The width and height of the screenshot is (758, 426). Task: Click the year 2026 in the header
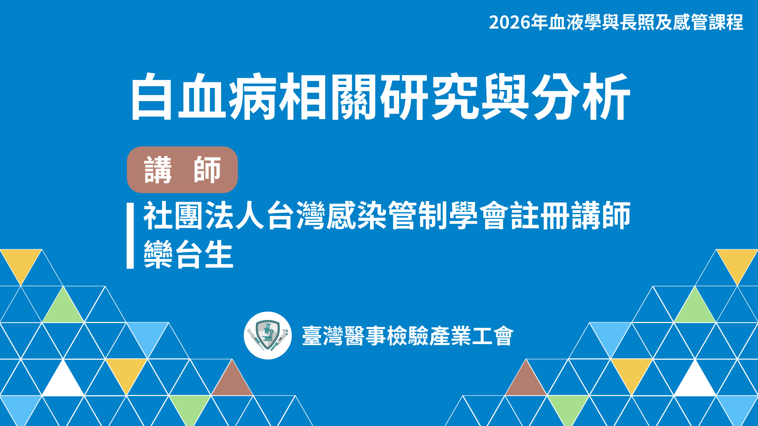[509, 22]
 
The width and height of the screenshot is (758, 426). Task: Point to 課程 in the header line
[726, 22]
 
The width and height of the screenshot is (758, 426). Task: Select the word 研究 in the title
[430, 97]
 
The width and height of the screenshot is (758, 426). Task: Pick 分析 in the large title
[580, 97]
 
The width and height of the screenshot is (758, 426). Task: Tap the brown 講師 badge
[182, 170]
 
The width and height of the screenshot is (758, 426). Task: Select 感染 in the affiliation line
[356, 216]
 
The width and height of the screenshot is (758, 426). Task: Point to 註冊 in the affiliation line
[540, 216]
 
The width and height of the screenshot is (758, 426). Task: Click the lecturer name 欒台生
[188, 255]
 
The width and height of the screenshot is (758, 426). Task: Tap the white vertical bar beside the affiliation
[130, 236]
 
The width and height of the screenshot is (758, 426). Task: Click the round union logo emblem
[268, 336]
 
